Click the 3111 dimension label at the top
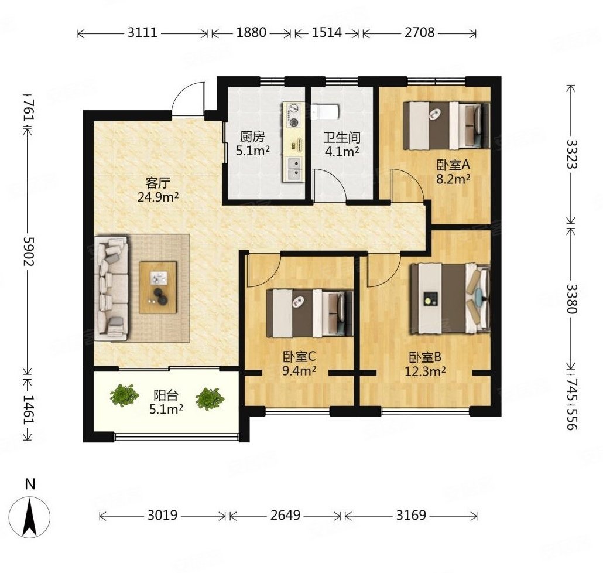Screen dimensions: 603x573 click(143, 33)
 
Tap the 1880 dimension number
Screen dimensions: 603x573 click(251, 33)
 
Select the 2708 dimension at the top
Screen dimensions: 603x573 click(420, 33)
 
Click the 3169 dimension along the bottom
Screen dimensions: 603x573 click(411, 515)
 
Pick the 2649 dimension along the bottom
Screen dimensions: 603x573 click(285, 515)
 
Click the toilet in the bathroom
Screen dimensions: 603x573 click(326, 111)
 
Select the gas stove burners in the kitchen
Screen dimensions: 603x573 click(293, 115)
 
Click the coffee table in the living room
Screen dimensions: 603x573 click(158, 287)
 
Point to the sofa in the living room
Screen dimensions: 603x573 click(111, 289)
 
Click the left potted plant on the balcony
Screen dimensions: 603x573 click(124, 395)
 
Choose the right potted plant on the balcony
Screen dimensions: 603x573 click(210, 399)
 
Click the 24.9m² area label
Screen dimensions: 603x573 click(157, 197)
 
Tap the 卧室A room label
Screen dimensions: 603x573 click(453, 165)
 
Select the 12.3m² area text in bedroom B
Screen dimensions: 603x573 click(426, 371)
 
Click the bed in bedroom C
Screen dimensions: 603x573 click(310, 313)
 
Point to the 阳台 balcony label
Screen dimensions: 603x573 click(166, 395)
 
